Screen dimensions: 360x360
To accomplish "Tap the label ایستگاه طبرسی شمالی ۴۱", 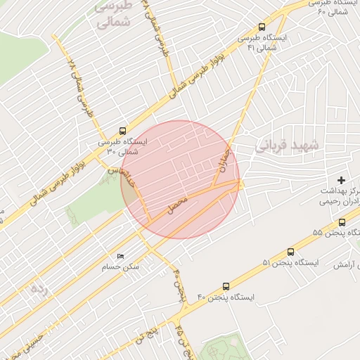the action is point(262,43).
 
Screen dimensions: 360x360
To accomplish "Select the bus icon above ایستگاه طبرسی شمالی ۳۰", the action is point(123,130).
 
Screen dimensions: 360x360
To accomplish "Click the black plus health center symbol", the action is point(342,181).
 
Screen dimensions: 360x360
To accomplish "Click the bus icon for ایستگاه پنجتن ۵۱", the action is point(291,252).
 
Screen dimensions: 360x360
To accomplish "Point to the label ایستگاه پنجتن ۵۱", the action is point(290,263).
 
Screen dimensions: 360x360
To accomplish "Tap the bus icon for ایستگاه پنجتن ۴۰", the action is point(226,286).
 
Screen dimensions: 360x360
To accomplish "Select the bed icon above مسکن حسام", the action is point(120,256).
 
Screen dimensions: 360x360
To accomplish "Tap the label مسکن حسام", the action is point(120,267).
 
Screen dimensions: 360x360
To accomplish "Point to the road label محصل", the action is point(177,205).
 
